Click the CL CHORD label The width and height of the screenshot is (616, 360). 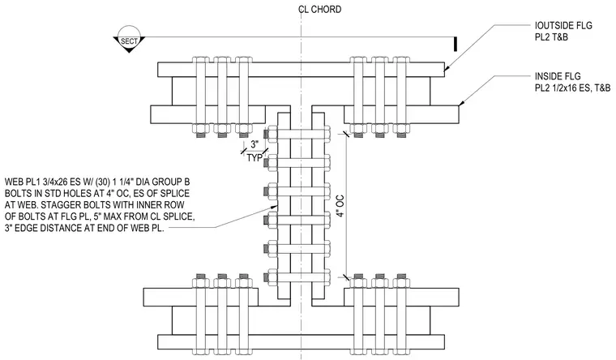tap(320, 10)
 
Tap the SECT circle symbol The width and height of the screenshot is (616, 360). tap(129, 39)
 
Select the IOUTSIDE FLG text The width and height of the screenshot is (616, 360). tap(563, 26)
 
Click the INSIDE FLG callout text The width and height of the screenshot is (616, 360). tap(558, 76)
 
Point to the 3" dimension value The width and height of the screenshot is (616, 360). tap(255, 144)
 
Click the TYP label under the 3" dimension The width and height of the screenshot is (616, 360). tap(255, 158)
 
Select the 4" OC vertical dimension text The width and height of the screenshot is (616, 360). tap(340, 206)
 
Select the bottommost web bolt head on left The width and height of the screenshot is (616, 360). tap(271, 277)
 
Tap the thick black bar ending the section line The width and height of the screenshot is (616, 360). tap(456, 44)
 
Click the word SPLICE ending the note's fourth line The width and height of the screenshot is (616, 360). tap(180, 216)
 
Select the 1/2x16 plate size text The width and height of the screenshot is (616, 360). tap(567, 88)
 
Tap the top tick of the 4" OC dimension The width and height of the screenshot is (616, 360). tap(346, 134)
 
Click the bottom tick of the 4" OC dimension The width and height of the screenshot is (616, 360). tap(346, 277)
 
